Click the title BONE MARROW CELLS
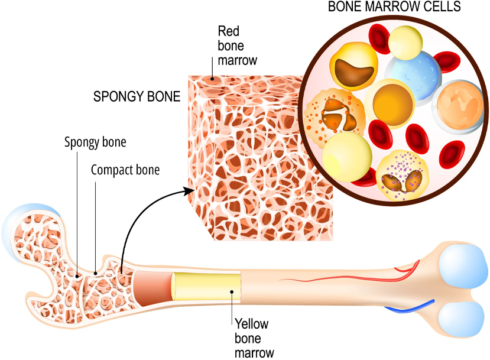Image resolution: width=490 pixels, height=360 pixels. tap(395, 8)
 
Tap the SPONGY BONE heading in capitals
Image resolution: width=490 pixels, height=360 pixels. tap(137, 97)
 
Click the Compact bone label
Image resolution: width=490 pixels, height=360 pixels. tap(125, 170)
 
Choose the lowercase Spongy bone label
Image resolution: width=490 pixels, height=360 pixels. tap(95, 142)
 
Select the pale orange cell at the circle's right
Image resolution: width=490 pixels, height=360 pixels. tap(460, 105)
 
